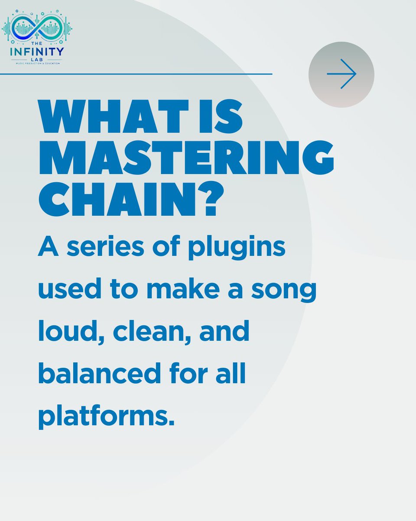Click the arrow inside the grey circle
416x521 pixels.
pyautogui.click(x=341, y=74)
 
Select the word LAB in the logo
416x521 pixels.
pyautogui.click(x=37, y=59)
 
